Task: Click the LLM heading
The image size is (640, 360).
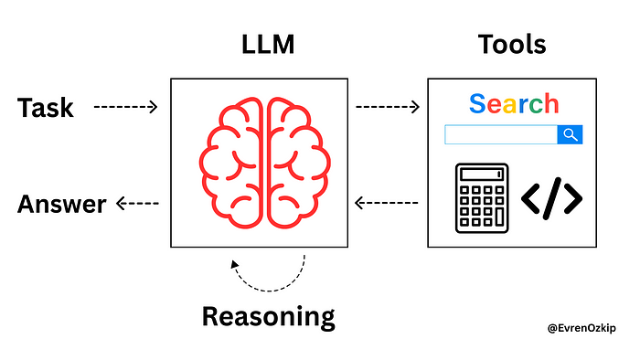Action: (268, 44)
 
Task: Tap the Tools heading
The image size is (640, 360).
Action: (512, 44)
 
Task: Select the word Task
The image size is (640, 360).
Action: (46, 108)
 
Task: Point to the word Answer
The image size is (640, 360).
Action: (61, 204)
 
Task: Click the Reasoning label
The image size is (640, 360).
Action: (269, 317)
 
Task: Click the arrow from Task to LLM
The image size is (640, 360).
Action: (126, 107)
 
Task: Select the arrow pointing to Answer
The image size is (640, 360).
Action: (137, 203)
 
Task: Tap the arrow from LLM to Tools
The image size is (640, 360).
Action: (388, 107)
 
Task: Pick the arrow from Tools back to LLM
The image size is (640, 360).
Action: (386, 203)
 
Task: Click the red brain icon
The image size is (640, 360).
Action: (264, 163)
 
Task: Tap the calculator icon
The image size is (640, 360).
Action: (482, 198)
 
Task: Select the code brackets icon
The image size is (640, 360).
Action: (552, 198)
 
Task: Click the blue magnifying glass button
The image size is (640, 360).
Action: (570, 134)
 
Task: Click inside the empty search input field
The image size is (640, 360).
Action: (501, 134)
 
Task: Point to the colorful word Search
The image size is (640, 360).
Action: (514, 103)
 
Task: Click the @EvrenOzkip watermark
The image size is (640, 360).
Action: (581, 328)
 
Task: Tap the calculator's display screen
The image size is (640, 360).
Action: (482, 175)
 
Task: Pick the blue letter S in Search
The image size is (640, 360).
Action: (477, 103)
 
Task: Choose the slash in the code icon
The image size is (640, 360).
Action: (552, 198)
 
